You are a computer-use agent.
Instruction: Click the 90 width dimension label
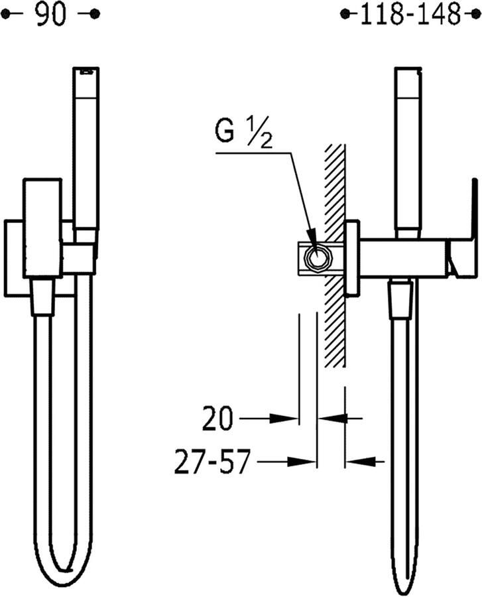51,14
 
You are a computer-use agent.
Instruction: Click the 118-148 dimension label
410,15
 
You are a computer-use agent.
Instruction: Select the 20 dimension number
217,419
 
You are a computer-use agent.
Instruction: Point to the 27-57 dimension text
213,462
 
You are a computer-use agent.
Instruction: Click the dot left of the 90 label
6,15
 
